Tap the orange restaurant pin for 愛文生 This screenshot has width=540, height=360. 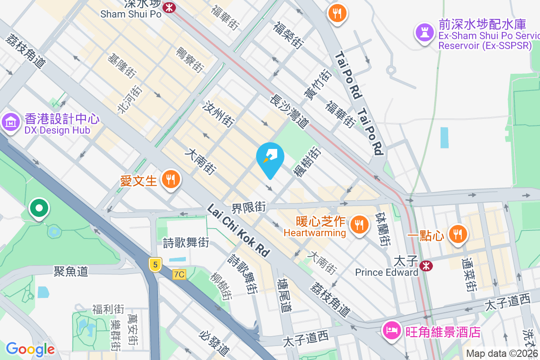(171, 180)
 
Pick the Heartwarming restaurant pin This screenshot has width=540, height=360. (359, 224)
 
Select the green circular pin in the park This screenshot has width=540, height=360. (40, 209)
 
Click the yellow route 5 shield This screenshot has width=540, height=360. (155, 265)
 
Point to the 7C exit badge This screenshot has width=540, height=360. (179, 274)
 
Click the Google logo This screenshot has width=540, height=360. (30, 349)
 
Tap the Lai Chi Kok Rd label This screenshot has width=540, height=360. (238, 230)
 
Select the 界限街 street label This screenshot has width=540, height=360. (249, 208)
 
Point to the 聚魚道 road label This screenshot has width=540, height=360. (71, 271)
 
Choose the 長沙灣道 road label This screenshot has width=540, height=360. (289, 110)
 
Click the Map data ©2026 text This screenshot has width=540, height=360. (502, 354)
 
